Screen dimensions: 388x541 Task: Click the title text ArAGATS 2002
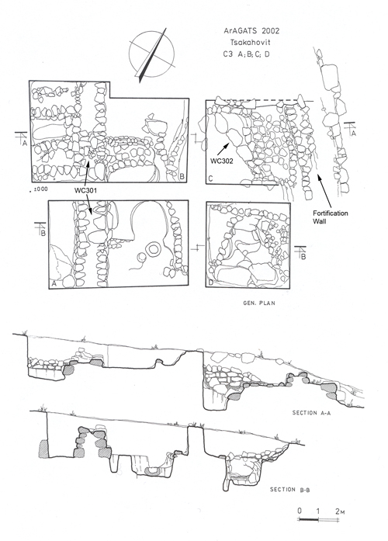pos(251,31)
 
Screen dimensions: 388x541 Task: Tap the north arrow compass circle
pos(151,54)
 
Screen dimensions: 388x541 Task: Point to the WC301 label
pos(84,190)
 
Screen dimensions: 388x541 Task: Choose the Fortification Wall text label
pos(331,217)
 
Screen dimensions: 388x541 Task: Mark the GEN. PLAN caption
pos(258,303)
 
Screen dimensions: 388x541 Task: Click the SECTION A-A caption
pos(311,413)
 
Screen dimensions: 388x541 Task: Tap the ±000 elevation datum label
pos(41,189)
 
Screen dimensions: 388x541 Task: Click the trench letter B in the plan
pos(182,177)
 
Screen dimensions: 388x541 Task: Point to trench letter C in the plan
pos(210,179)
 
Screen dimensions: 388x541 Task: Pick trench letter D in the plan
pos(210,283)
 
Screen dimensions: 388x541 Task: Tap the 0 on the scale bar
pos(300,511)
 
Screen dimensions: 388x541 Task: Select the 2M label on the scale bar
pos(340,511)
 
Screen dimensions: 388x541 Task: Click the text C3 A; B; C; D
pos(246,54)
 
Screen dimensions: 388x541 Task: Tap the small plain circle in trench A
pos(141,258)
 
